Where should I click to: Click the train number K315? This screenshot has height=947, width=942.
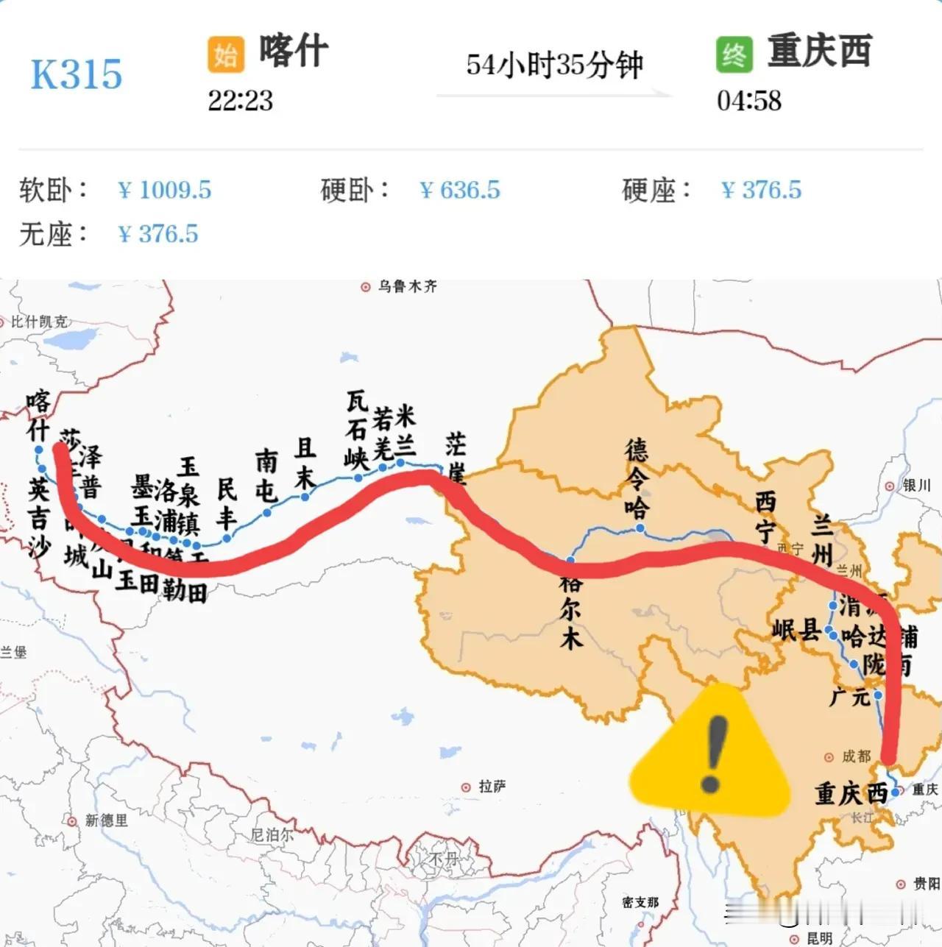[76, 74]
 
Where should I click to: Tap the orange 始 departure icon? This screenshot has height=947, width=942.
[225, 54]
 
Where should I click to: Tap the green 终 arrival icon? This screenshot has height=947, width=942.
[734, 54]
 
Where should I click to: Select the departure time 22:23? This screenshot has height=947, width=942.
[240, 100]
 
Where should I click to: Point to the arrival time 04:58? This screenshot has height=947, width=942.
[748, 100]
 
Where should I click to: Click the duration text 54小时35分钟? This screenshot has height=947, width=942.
[554, 65]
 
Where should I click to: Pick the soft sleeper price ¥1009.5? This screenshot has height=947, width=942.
[165, 190]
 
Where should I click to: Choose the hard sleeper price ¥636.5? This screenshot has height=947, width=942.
[460, 190]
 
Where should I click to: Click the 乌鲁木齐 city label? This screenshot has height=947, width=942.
[407, 286]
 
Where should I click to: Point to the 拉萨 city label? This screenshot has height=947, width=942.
[492, 787]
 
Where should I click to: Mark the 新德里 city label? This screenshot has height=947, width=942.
[106, 820]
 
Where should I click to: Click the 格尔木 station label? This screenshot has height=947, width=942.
[571, 610]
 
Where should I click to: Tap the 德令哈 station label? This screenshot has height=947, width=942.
[637, 478]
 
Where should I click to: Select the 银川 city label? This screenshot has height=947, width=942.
[916, 486]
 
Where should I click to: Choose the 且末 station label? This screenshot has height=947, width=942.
[305, 463]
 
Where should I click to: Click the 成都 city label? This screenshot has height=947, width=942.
[856, 756]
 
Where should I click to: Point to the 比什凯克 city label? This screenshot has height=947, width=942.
[38, 322]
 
